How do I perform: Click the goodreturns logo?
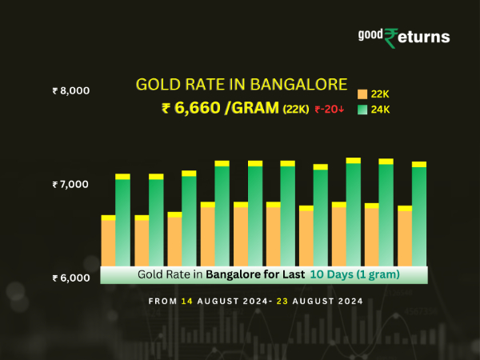pyautogui.click(x=404, y=37)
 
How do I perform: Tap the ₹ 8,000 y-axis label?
pyautogui.click(x=70, y=90)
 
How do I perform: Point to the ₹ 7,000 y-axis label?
pyautogui.click(x=70, y=184)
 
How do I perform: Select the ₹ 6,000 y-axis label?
pyautogui.click(x=70, y=278)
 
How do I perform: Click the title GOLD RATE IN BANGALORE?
pyautogui.click(x=242, y=84)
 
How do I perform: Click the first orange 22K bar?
pyautogui.click(x=108, y=242)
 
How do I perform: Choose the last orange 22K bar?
pyautogui.click(x=405, y=238)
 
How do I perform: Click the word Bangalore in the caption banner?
pyautogui.click(x=234, y=274)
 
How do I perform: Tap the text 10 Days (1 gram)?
pyautogui.click(x=355, y=274)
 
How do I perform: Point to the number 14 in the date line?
pyautogui.click(x=186, y=302)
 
